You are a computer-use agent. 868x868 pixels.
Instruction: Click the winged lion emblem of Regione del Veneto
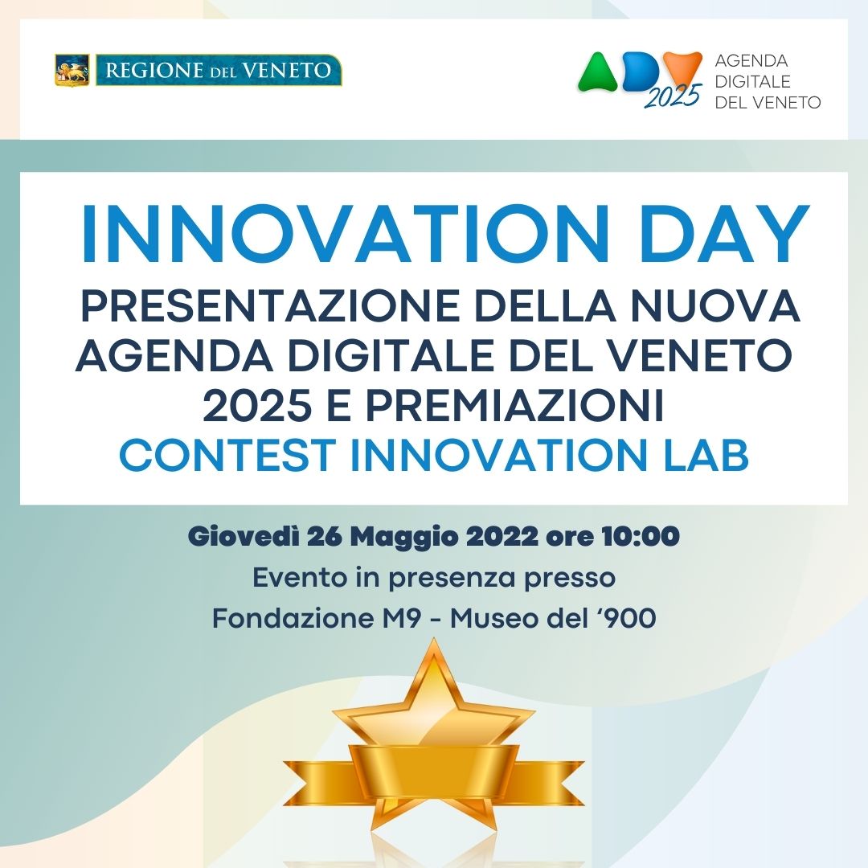tap(72, 70)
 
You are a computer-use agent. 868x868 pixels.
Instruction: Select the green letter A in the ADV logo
tap(597, 72)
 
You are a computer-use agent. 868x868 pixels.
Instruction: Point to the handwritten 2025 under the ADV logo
tap(674, 96)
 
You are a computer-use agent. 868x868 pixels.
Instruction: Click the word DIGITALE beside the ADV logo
tap(752, 81)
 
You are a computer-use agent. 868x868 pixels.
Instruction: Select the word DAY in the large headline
tap(725, 233)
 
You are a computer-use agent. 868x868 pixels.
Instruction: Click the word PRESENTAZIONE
tap(270, 305)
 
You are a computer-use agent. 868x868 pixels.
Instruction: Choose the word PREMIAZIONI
tap(515, 406)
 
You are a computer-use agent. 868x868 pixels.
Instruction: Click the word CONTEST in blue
tap(227, 456)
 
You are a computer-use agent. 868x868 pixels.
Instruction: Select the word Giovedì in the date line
tap(244, 536)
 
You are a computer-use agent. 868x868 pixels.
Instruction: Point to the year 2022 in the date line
tap(502, 536)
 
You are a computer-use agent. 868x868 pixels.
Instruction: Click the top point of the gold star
tap(433, 640)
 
